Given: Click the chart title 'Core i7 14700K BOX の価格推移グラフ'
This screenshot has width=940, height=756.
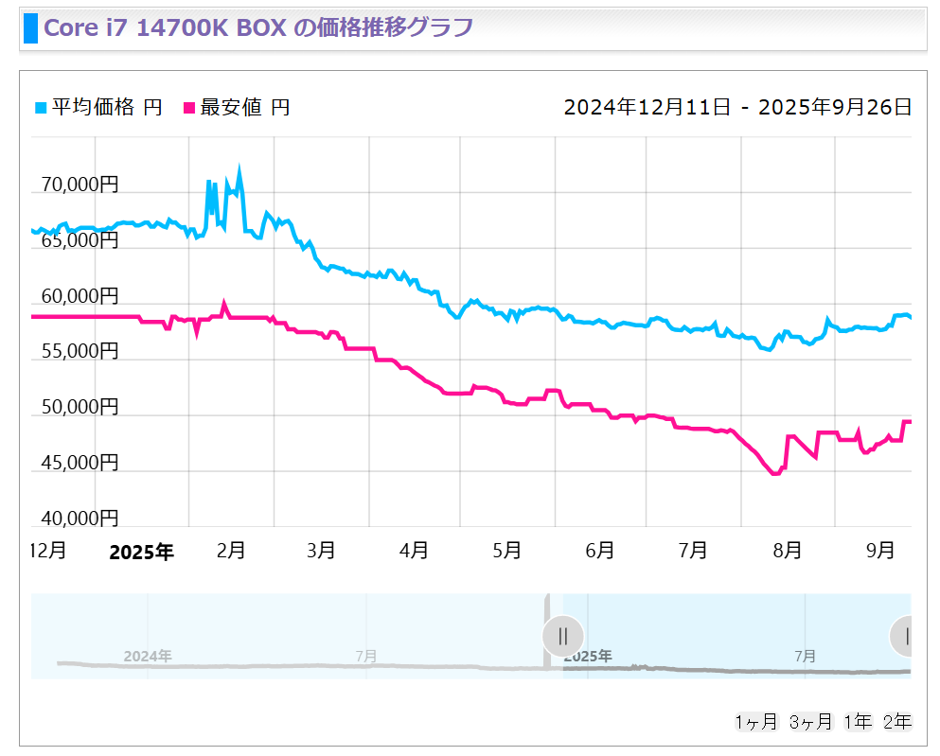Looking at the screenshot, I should coord(258,27).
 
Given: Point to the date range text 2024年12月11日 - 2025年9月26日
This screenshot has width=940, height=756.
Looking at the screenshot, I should coord(737,107).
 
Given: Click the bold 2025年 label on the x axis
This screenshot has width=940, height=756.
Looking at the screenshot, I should coord(141,553).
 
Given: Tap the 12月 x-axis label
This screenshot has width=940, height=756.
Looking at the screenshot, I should coord(48,550).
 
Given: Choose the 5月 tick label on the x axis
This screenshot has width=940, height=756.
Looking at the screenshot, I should coord(508,550).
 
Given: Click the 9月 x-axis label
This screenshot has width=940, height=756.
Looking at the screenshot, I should coord(881,550).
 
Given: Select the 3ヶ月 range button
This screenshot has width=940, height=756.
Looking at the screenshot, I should coord(810,722).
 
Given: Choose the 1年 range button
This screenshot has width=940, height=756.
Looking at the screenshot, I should coord(858,722).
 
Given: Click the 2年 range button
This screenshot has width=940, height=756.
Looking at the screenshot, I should coord(896,722).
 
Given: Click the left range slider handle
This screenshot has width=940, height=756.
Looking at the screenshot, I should coord(563,635).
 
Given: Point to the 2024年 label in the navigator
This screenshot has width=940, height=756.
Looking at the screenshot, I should coord(148,656).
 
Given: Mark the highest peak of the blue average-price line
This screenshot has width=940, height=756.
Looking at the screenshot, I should coord(239,171).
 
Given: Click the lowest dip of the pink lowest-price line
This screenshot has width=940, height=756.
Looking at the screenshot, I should coord(776,473).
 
